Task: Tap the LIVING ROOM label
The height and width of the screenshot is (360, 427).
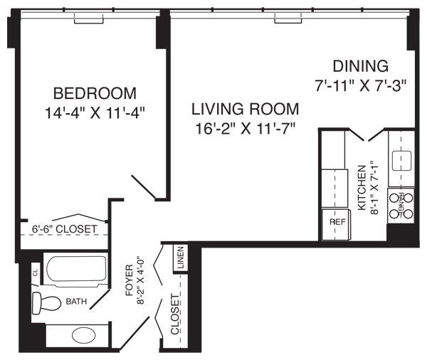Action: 244,110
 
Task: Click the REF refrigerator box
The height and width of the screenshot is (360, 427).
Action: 337,221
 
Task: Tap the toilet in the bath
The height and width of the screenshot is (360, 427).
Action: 48,302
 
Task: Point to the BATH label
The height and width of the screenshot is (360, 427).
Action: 77,302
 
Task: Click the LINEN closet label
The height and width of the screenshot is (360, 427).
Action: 181,259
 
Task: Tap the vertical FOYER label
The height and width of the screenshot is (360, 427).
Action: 129,280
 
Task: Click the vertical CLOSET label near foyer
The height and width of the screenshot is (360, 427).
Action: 175,314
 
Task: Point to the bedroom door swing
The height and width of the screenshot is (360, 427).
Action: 144,185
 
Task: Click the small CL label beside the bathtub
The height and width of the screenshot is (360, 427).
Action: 34,271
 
